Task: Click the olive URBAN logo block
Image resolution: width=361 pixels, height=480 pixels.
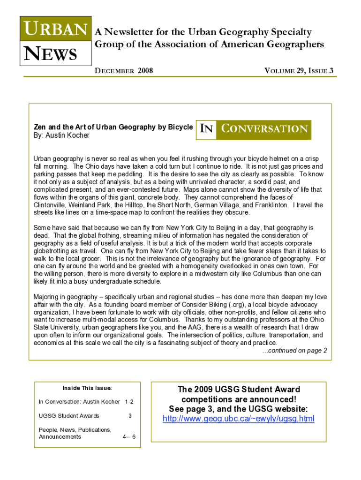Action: point(54,30)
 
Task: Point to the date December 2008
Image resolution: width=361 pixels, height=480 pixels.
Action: point(124,71)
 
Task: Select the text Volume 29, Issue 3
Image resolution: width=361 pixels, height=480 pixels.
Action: point(299,71)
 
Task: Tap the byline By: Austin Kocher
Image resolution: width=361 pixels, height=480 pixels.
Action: point(61,135)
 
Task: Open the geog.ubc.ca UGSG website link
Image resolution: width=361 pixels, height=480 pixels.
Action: point(238,419)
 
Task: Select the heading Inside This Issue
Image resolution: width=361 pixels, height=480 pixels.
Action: point(87,388)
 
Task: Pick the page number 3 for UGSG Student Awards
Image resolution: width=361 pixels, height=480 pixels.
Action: point(130,415)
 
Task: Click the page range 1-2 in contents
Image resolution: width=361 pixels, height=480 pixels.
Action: point(129,402)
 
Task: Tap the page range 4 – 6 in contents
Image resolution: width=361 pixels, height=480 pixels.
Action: point(129,436)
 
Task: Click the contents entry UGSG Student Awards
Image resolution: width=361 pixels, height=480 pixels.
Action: point(69,415)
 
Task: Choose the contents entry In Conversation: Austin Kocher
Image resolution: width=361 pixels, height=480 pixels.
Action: point(79,402)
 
